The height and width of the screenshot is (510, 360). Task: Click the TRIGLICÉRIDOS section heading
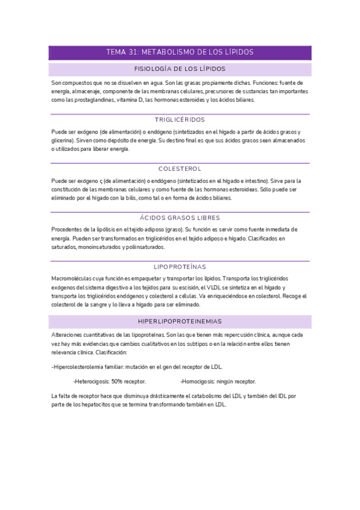(x=180, y=120)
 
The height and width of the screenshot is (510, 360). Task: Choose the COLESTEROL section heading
(x=180, y=169)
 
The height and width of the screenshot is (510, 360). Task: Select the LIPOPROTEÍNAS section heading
(x=180, y=266)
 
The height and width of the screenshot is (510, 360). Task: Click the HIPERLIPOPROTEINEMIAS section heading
(x=180, y=322)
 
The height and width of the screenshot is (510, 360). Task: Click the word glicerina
(x=64, y=140)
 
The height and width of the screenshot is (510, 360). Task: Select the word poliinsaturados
(x=143, y=247)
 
